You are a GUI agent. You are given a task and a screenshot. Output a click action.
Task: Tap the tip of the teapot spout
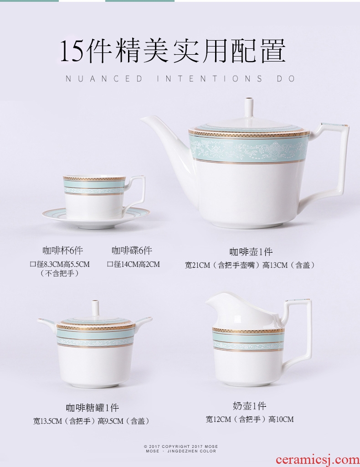coord(141,119)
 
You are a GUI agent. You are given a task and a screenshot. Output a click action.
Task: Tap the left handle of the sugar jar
coord(47,322)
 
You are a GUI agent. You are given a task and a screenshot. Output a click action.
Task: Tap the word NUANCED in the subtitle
coord(104,79)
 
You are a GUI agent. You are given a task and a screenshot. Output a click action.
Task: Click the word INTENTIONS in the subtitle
coord(210,79)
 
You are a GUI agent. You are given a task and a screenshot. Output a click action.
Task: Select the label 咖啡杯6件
coord(63,250)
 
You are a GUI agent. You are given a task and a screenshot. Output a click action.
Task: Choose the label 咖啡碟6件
coord(132,250)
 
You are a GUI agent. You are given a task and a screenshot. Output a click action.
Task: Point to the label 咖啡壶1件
coord(251,252)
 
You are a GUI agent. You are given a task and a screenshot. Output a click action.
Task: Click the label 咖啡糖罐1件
coord(92,407)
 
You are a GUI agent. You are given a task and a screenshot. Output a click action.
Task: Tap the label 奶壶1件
coord(249,405)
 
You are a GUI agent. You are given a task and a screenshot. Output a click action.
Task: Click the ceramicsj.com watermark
coord(318,460)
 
